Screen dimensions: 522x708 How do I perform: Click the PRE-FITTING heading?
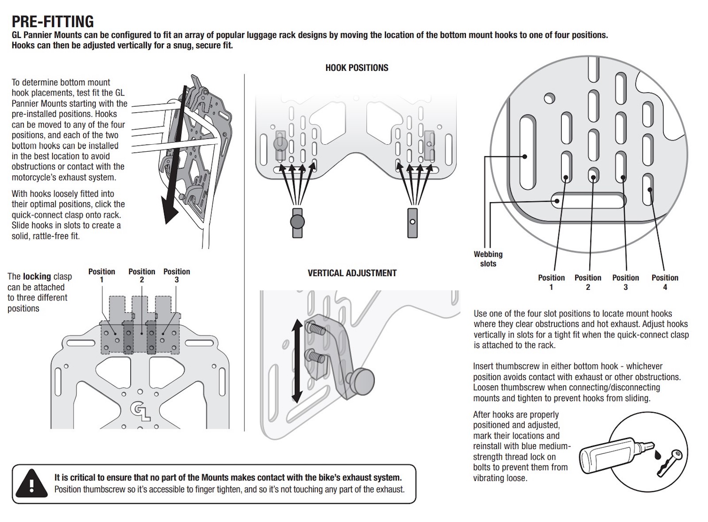(x=53, y=21)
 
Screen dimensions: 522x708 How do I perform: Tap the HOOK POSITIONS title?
(x=357, y=68)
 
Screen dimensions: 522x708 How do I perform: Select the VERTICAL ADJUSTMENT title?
(x=352, y=273)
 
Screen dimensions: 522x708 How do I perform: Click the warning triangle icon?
(x=31, y=483)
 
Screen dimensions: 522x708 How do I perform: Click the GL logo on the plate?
(x=139, y=412)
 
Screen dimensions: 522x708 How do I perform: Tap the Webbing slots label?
(x=488, y=259)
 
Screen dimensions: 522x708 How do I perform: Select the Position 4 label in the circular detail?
(x=665, y=282)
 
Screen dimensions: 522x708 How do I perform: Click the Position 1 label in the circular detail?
(x=551, y=282)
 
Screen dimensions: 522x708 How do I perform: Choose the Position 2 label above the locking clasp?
(x=142, y=275)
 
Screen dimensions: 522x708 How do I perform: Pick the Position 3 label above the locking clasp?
(x=177, y=275)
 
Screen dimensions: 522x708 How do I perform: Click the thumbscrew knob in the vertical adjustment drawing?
(x=362, y=382)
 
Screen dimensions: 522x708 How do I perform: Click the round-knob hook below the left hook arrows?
(x=297, y=222)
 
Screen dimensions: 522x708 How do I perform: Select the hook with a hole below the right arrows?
(x=412, y=222)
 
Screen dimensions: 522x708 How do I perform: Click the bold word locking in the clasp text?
(x=37, y=276)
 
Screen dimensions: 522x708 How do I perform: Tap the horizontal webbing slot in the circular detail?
(x=588, y=200)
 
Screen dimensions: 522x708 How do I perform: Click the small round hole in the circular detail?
(x=549, y=98)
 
